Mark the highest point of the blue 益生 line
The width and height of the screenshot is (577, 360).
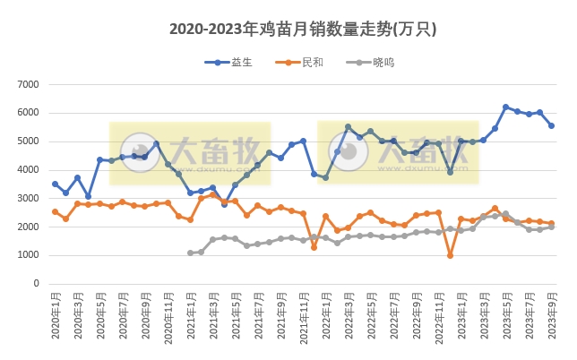point(506,107)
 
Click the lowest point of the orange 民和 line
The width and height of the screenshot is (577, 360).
point(450,255)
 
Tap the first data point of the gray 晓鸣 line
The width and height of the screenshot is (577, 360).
point(191,253)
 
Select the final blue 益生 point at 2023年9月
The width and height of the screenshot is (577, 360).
point(551,126)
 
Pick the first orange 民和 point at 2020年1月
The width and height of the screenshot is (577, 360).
point(56,212)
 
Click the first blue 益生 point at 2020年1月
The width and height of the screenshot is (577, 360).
point(56,184)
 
